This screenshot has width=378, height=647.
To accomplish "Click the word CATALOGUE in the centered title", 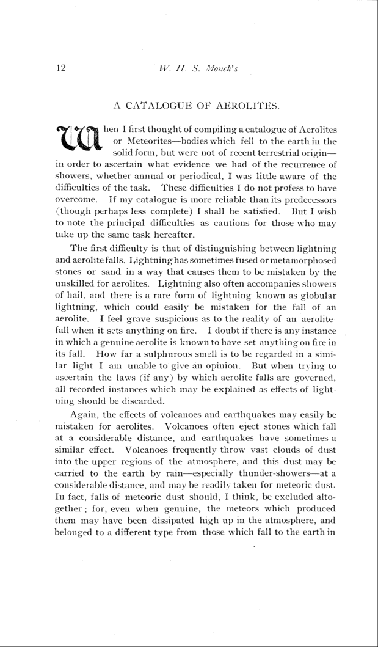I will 158,108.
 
